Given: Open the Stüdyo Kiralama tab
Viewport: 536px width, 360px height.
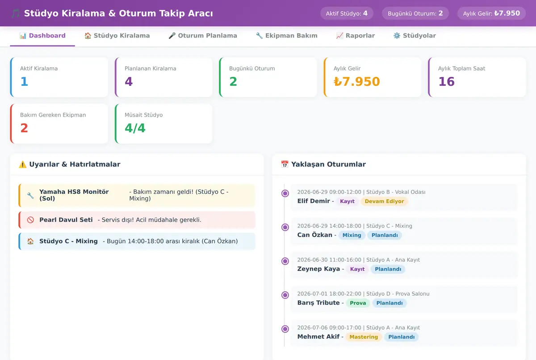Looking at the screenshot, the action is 117,36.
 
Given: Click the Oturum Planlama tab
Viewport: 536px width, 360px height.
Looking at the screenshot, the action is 203,36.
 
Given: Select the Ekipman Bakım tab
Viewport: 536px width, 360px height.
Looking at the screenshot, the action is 286,36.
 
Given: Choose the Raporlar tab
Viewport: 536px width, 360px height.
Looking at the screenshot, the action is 356,36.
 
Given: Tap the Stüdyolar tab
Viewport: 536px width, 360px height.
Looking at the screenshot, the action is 415,36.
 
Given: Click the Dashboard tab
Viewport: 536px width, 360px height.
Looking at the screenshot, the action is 42,36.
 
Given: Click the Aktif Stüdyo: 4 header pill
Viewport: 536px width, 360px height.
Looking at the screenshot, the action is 347,13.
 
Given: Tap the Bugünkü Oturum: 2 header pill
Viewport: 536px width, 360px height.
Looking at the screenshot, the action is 415,13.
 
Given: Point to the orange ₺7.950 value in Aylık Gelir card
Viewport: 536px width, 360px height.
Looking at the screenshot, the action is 356,82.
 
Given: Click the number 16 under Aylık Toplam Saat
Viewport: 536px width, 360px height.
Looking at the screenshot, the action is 446,82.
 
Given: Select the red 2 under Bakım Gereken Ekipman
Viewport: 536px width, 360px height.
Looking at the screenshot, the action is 24,128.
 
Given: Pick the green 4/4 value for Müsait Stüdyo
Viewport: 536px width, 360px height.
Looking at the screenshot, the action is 135,128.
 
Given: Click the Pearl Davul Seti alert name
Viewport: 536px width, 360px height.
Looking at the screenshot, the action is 66,220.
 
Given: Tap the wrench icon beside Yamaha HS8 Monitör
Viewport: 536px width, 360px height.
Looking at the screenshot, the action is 30,196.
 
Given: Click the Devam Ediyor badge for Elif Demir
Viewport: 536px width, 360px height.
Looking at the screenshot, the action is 384,201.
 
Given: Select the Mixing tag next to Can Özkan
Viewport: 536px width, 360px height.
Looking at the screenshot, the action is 352,235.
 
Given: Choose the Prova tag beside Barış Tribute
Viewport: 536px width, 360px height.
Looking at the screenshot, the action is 358,303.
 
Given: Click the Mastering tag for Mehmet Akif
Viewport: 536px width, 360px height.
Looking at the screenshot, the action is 364,337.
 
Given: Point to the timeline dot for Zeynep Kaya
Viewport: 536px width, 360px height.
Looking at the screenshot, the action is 285,261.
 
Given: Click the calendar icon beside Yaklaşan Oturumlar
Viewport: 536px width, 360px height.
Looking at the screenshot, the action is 285,164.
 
